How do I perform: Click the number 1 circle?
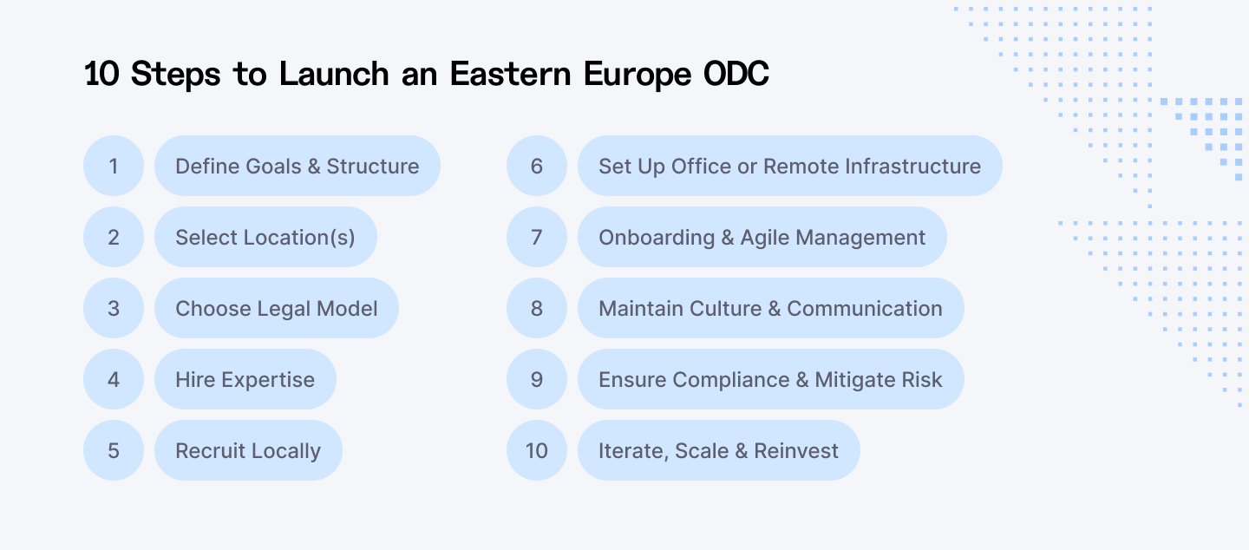click(x=114, y=166)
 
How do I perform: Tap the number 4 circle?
click(x=114, y=379)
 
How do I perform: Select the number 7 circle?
click(x=537, y=237)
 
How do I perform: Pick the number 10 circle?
click(x=537, y=450)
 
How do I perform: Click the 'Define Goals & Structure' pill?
click(x=298, y=166)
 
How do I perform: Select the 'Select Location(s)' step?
click(x=265, y=237)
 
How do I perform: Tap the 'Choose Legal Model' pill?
click(x=277, y=308)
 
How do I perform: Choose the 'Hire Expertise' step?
click(x=245, y=379)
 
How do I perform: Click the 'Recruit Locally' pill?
click(x=248, y=450)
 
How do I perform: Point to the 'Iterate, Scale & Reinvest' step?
click(x=718, y=450)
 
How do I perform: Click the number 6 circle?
click(x=537, y=166)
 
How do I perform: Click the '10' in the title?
click(x=102, y=75)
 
